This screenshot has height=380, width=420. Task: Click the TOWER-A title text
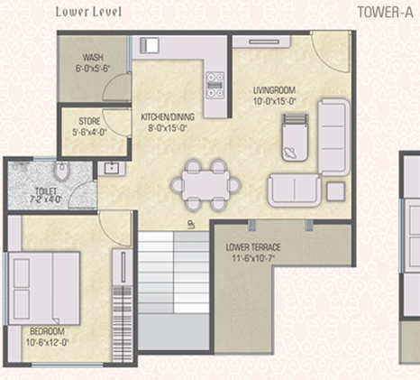point(385,13)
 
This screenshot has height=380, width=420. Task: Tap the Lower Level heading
point(89,12)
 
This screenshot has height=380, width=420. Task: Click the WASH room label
point(93,57)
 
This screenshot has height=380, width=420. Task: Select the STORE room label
point(89,121)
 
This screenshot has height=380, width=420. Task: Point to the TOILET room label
point(46,191)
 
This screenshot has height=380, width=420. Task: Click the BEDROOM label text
point(47,331)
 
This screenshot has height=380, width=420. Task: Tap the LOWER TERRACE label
point(253,247)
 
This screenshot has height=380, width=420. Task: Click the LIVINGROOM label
point(274,90)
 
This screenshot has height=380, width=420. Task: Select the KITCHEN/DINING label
point(168,116)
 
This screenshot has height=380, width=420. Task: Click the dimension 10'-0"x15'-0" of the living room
point(275,101)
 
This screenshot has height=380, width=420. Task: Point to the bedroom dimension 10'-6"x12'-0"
point(48,342)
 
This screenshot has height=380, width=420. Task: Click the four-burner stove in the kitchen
point(215,85)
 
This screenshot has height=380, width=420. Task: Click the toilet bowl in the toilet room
point(62,171)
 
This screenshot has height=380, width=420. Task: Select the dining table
point(205,185)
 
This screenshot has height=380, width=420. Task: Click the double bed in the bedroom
point(44,289)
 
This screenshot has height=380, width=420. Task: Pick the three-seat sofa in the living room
point(333,137)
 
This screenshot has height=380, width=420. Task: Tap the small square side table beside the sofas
point(335,191)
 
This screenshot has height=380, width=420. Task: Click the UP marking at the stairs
point(191,224)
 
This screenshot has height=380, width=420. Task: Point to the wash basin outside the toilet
point(112,169)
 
